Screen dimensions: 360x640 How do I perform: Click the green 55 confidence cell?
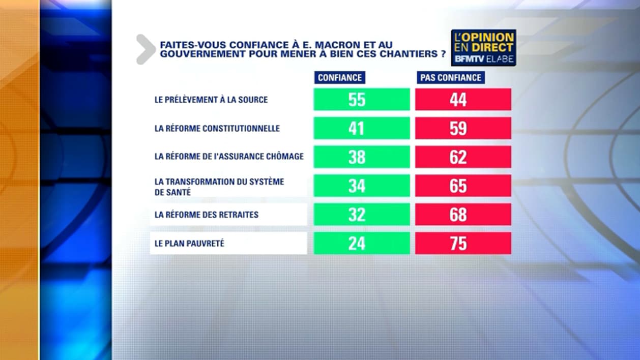[x=361, y=99]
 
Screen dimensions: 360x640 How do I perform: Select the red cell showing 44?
[x=463, y=99]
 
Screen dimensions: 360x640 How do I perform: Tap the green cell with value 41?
[x=361, y=128]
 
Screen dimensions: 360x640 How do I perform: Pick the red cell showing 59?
[x=463, y=128]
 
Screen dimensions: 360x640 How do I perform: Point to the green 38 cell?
[x=361, y=157]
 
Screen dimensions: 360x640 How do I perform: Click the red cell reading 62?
[x=463, y=157]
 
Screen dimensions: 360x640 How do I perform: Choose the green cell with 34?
[x=361, y=186]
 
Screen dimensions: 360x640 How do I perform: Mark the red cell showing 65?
[x=463, y=186]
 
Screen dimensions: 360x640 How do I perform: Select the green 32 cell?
[x=361, y=215]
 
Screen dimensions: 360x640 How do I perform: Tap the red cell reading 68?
[x=463, y=215]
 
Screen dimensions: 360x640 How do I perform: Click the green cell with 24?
[x=361, y=244]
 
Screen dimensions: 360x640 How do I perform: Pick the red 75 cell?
[x=463, y=244]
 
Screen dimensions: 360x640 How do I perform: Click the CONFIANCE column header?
[x=340, y=77]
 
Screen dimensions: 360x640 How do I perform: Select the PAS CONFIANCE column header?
[x=450, y=77]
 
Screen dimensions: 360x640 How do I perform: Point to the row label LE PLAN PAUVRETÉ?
[x=189, y=244]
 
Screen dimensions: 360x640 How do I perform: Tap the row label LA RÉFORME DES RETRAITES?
[x=207, y=215]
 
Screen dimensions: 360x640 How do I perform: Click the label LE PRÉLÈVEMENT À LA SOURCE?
[x=211, y=100]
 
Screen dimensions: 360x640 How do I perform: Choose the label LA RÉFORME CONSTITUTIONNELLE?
[x=217, y=129]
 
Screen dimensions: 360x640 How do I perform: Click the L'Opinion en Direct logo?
[x=483, y=47]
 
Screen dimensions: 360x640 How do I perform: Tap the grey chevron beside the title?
[x=146, y=49]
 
